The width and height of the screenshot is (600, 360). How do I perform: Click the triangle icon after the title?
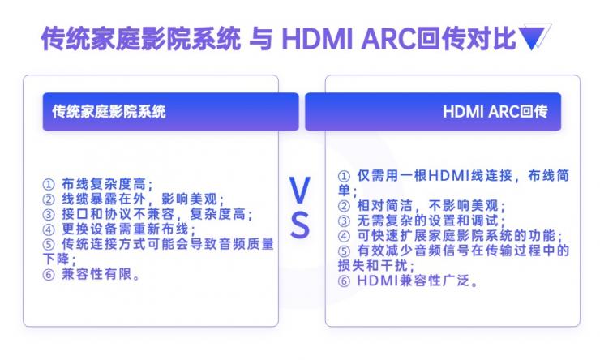(534, 37)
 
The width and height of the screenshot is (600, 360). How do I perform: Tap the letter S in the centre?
(300, 225)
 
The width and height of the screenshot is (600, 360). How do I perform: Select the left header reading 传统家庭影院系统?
(109, 111)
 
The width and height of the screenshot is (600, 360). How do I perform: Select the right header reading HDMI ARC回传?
(495, 111)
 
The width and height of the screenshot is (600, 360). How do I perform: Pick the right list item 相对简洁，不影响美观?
(431, 205)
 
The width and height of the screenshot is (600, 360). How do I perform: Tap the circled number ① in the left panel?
(49, 184)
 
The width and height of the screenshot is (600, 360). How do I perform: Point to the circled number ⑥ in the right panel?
(344, 281)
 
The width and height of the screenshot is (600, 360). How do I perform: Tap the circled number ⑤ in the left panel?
(49, 245)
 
